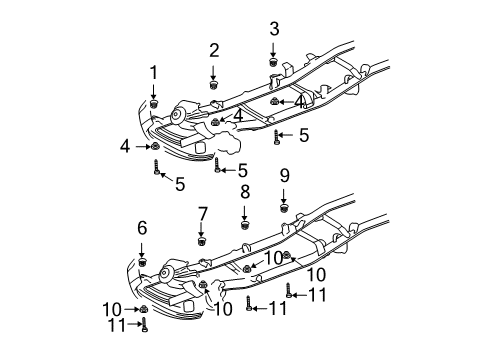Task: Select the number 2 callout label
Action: pyautogui.click(x=214, y=50)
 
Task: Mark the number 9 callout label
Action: pyautogui.click(x=284, y=175)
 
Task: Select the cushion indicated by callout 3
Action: pyautogui.click(x=273, y=63)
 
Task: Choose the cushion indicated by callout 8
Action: pyautogui.click(x=244, y=223)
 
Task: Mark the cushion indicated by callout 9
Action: pyautogui.click(x=284, y=208)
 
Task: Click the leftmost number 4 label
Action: pyautogui.click(x=125, y=146)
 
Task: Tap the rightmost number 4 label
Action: pyautogui.click(x=299, y=102)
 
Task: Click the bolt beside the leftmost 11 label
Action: pyautogui.click(x=144, y=323)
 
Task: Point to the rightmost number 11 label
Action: pyautogui.click(x=317, y=294)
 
